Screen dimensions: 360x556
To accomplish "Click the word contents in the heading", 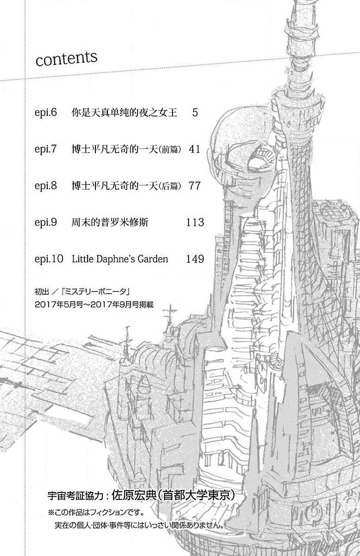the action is pos(67,59).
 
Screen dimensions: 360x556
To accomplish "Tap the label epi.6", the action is pos(46,113).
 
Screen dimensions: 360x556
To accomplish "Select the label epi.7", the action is pos(46,149).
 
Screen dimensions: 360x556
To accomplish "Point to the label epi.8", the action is pos(46,186).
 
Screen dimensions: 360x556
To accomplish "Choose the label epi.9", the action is pos(46,222).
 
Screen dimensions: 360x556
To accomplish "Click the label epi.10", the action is pos(49,259).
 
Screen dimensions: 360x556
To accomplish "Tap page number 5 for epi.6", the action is pos(195,113).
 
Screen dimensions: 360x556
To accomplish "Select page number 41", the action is pos(195,149).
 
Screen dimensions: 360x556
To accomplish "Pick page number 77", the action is pos(195,186).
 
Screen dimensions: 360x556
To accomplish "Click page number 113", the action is pos(195,222).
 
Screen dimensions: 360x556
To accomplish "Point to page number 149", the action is pos(195,259).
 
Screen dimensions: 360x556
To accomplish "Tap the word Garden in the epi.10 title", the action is pos(153,259).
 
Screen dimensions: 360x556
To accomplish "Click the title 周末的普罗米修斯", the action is pos(110,222).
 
